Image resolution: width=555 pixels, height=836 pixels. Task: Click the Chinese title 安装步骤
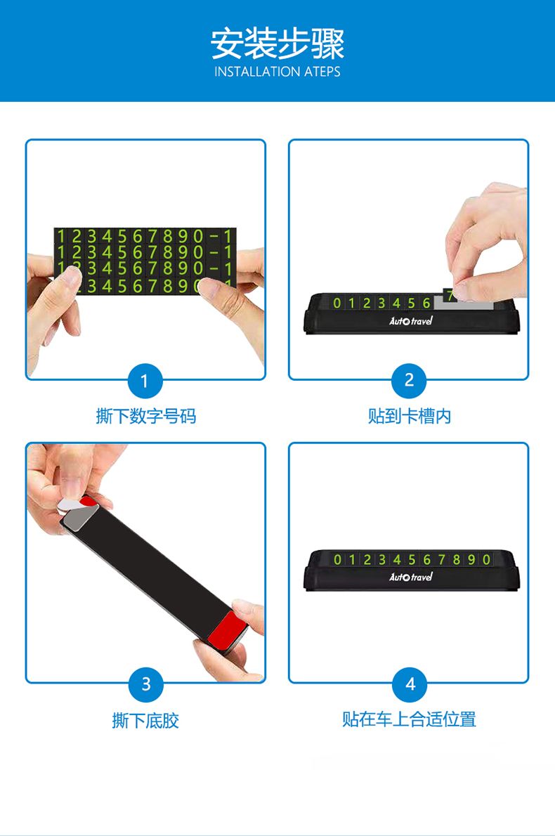point(277,44)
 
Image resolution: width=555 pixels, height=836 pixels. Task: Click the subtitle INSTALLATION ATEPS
point(277,72)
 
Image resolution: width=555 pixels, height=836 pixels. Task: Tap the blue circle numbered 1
point(145,381)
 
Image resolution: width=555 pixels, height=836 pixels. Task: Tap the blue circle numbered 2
point(409,381)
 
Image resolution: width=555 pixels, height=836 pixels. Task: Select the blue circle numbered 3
point(145,684)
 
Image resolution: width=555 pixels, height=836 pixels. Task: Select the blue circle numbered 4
point(410,684)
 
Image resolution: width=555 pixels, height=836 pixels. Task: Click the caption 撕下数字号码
point(145,416)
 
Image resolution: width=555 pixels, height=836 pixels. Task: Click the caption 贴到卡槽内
point(410,416)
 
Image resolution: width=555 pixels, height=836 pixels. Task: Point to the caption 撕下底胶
point(145,720)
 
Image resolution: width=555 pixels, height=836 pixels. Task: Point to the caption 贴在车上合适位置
point(409,719)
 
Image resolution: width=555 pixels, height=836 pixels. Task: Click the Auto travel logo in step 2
point(410,320)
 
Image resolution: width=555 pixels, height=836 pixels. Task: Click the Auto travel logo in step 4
point(410,577)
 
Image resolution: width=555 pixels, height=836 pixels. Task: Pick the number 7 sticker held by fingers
point(450,295)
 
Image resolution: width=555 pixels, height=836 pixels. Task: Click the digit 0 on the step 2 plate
point(337,303)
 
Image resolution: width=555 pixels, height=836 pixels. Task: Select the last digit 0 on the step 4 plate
point(486,559)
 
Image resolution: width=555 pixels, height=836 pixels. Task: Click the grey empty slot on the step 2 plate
point(463,304)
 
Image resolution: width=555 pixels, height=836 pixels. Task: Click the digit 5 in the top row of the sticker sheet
point(123,235)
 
